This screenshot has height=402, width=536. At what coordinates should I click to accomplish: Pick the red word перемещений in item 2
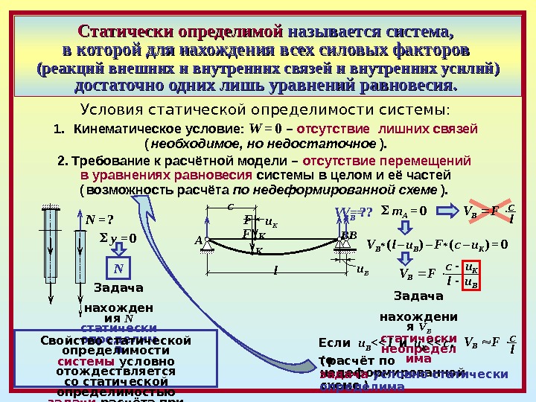[x=429, y=161]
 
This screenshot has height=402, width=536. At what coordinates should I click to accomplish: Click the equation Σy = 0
[x=120, y=238]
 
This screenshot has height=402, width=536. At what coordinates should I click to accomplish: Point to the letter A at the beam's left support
[x=199, y=240]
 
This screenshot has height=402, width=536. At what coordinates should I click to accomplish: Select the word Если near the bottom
[x=334, y=343]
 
